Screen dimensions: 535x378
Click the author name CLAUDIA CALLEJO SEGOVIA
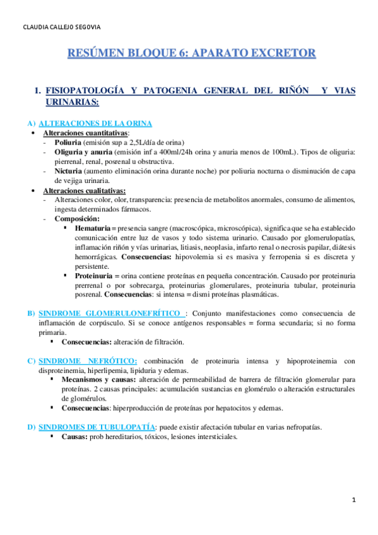61,28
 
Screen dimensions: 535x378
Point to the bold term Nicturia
69,171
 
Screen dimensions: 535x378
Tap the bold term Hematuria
92,227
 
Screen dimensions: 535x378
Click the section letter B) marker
31,313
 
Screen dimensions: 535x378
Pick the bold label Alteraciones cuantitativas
85,133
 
